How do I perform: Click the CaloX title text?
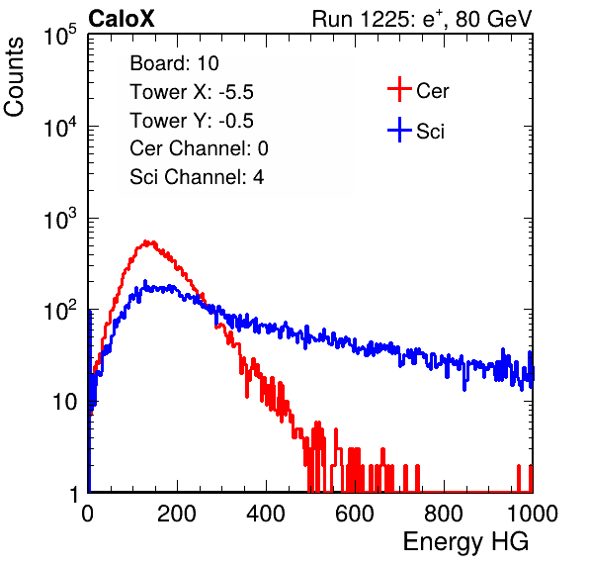[x=121, y=19]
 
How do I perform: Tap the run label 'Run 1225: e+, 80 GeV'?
[x=422, y=19]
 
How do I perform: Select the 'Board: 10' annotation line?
[x=174, y=63]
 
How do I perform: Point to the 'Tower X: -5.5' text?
[x=192, y=92]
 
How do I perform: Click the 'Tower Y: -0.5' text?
[x=192, y=121]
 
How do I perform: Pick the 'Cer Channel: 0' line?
[x=199, y=148]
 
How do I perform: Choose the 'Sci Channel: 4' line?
[x=197, y=177]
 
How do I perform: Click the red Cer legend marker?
[x=399, y=89]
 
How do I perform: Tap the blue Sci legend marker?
[x=399, y=130]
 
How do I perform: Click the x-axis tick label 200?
[x=177, y=514]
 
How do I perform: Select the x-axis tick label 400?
[x=266, y=514]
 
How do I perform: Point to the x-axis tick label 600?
[x=355, y=514]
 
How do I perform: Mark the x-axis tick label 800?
[x=444, y=514]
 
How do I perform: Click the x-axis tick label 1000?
[x=533, y=514]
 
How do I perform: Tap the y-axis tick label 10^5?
[x=60, y=35]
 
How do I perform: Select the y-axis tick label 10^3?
[x=60, y=219]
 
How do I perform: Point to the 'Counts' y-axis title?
[x=14, y=77]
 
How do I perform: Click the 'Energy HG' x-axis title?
[x=465, y=542]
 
